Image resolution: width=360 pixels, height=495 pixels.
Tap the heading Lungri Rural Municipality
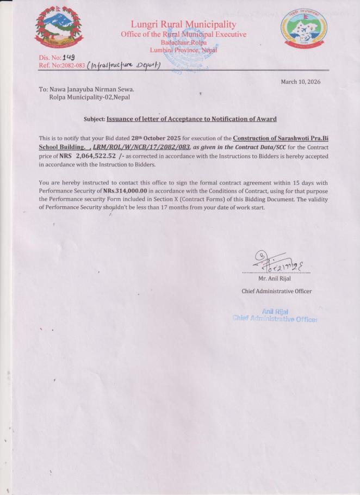[183, 24]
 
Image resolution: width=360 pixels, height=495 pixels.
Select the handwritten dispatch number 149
[68, 57]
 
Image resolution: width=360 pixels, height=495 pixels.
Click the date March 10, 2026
[300, 82]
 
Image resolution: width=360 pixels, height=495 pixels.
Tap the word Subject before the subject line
[94, 119]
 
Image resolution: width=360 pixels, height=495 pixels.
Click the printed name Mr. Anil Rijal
[275, 279]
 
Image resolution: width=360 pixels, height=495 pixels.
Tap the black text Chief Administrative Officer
[276, 292]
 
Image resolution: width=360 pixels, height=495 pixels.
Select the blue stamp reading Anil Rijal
[275, 311]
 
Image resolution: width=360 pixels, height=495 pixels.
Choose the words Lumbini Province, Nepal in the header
[183, 50]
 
